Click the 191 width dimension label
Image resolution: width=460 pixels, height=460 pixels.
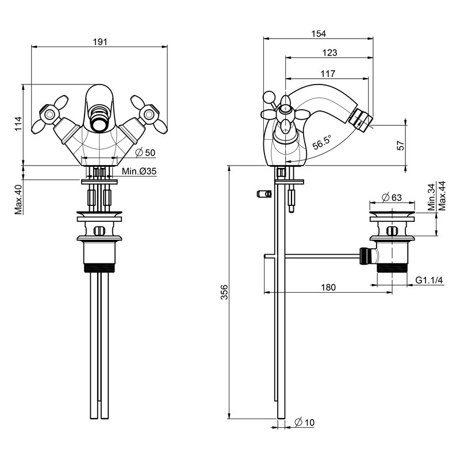(101, 41)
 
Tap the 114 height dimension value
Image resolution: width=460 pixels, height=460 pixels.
(18, 125)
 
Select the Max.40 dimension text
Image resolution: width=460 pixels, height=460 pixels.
(18, 198)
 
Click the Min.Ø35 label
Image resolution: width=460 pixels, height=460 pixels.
(139, 171)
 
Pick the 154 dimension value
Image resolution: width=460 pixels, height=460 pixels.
(318, 33)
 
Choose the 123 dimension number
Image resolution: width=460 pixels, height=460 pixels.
(329, 52)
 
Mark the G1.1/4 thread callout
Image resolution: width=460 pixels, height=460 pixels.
(430, 280)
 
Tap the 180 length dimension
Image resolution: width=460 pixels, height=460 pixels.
(329, 287)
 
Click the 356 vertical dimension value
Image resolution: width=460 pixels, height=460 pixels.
(225, 292)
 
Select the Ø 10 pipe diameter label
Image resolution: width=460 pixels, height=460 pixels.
(304, 423)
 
